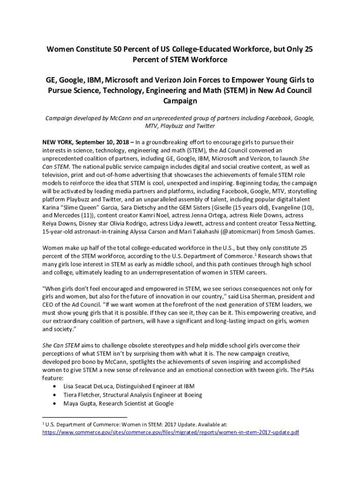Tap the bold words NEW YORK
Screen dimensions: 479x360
58,142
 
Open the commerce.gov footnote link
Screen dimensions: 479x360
170,432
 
